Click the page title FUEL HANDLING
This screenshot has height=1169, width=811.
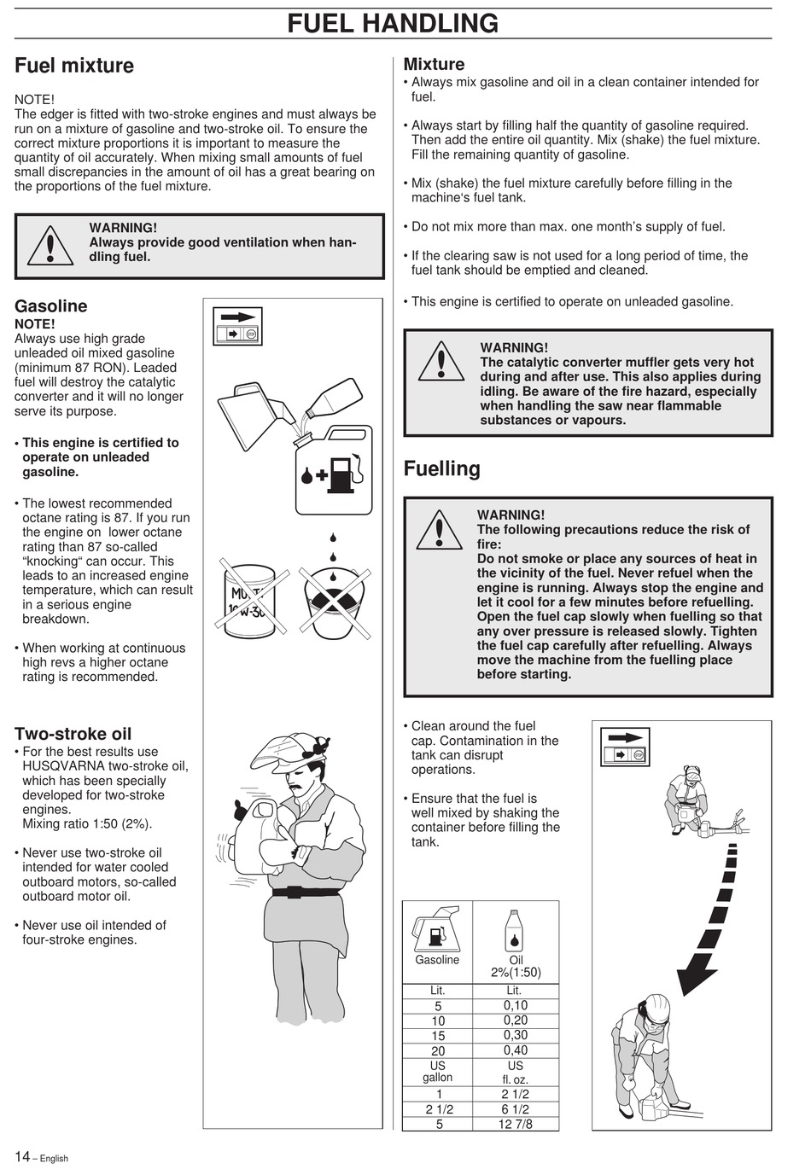tap(393, 23)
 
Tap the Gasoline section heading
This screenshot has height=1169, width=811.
tap(51, 306)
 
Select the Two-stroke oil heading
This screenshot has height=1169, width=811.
tap(73, 734)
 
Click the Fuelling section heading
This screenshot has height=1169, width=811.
tap(441, 468)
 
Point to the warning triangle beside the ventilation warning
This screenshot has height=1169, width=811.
tap(50, 245)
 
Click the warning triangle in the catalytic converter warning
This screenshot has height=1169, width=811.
tap(441, 362)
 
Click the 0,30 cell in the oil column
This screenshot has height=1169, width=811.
tap(515, 1035)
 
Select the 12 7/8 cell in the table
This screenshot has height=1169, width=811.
tap(515, 1124)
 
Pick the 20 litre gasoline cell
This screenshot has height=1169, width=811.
tap(437, 1050)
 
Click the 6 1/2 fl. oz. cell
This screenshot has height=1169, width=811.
tap(515, 1109)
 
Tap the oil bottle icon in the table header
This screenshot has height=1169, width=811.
tap(515, 930)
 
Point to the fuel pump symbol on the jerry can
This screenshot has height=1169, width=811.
tap(341, 474)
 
